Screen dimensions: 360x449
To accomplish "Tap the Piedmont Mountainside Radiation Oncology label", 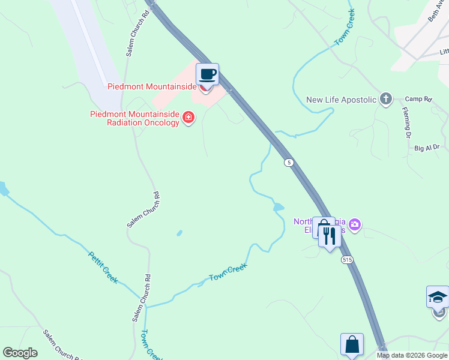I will (134, 118).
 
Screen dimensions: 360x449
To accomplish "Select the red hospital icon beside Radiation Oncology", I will (188, 116).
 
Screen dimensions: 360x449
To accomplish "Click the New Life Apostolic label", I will (341, 100).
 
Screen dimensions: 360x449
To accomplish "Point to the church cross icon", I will (385, 98).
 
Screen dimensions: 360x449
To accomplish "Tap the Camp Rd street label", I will (418, 99).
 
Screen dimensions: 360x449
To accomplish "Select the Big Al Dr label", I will (427, 147).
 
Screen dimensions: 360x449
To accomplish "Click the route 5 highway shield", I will (289, 163).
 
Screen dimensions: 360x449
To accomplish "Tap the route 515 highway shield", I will (347, 260).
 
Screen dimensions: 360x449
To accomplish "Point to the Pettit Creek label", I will (103, 267).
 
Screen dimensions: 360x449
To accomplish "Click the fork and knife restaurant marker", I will (329, 235).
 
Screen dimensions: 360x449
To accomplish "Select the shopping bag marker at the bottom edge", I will (352, 345).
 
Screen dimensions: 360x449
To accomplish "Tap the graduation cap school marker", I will (438, 297).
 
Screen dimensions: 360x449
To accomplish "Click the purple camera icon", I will (355, 225).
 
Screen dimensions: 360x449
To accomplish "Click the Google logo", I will (20, 353).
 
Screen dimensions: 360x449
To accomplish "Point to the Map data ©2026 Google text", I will (412, 355).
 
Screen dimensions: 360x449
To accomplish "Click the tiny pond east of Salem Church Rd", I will (179, 233).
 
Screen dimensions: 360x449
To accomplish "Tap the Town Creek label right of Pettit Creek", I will (228, 273).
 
